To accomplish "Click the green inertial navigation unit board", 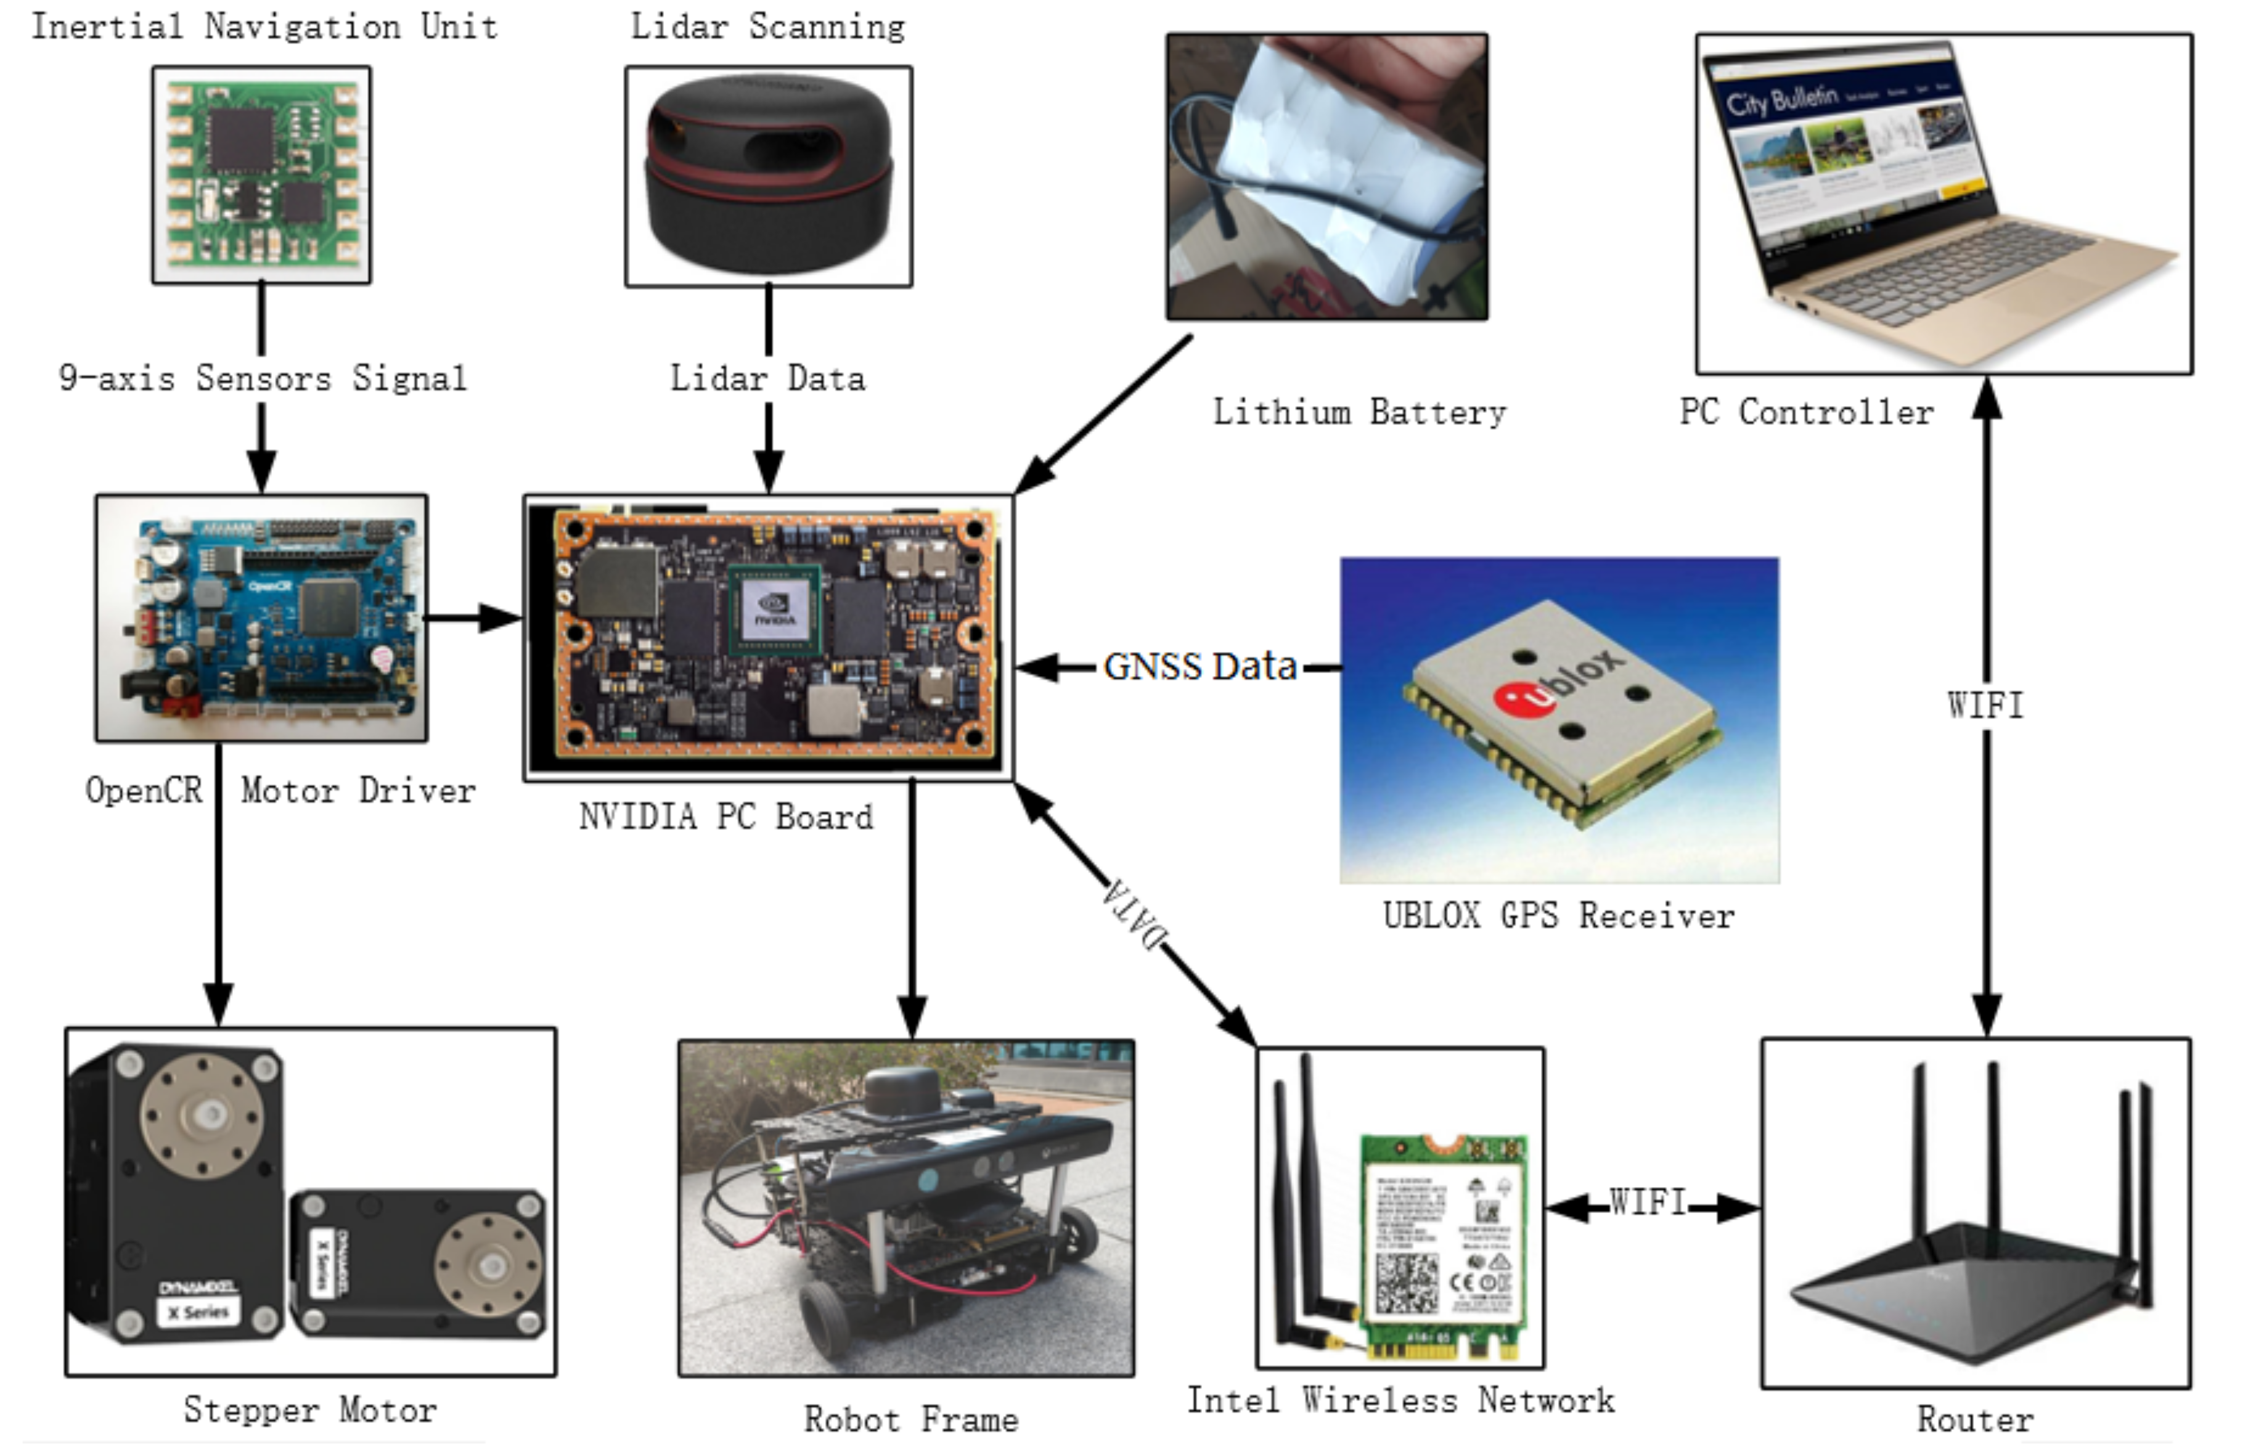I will [261, 174].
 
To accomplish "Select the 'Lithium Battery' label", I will [1359, 413].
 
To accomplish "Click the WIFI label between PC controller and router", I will [1985, 705].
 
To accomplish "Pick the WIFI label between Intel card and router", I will [1648, 1202].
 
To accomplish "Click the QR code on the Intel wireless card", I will [1407, 1283].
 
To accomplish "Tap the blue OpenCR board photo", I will [261, 618].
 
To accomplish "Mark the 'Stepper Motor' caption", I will [310, 1411].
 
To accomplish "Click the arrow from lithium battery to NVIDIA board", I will [1103, 415].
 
